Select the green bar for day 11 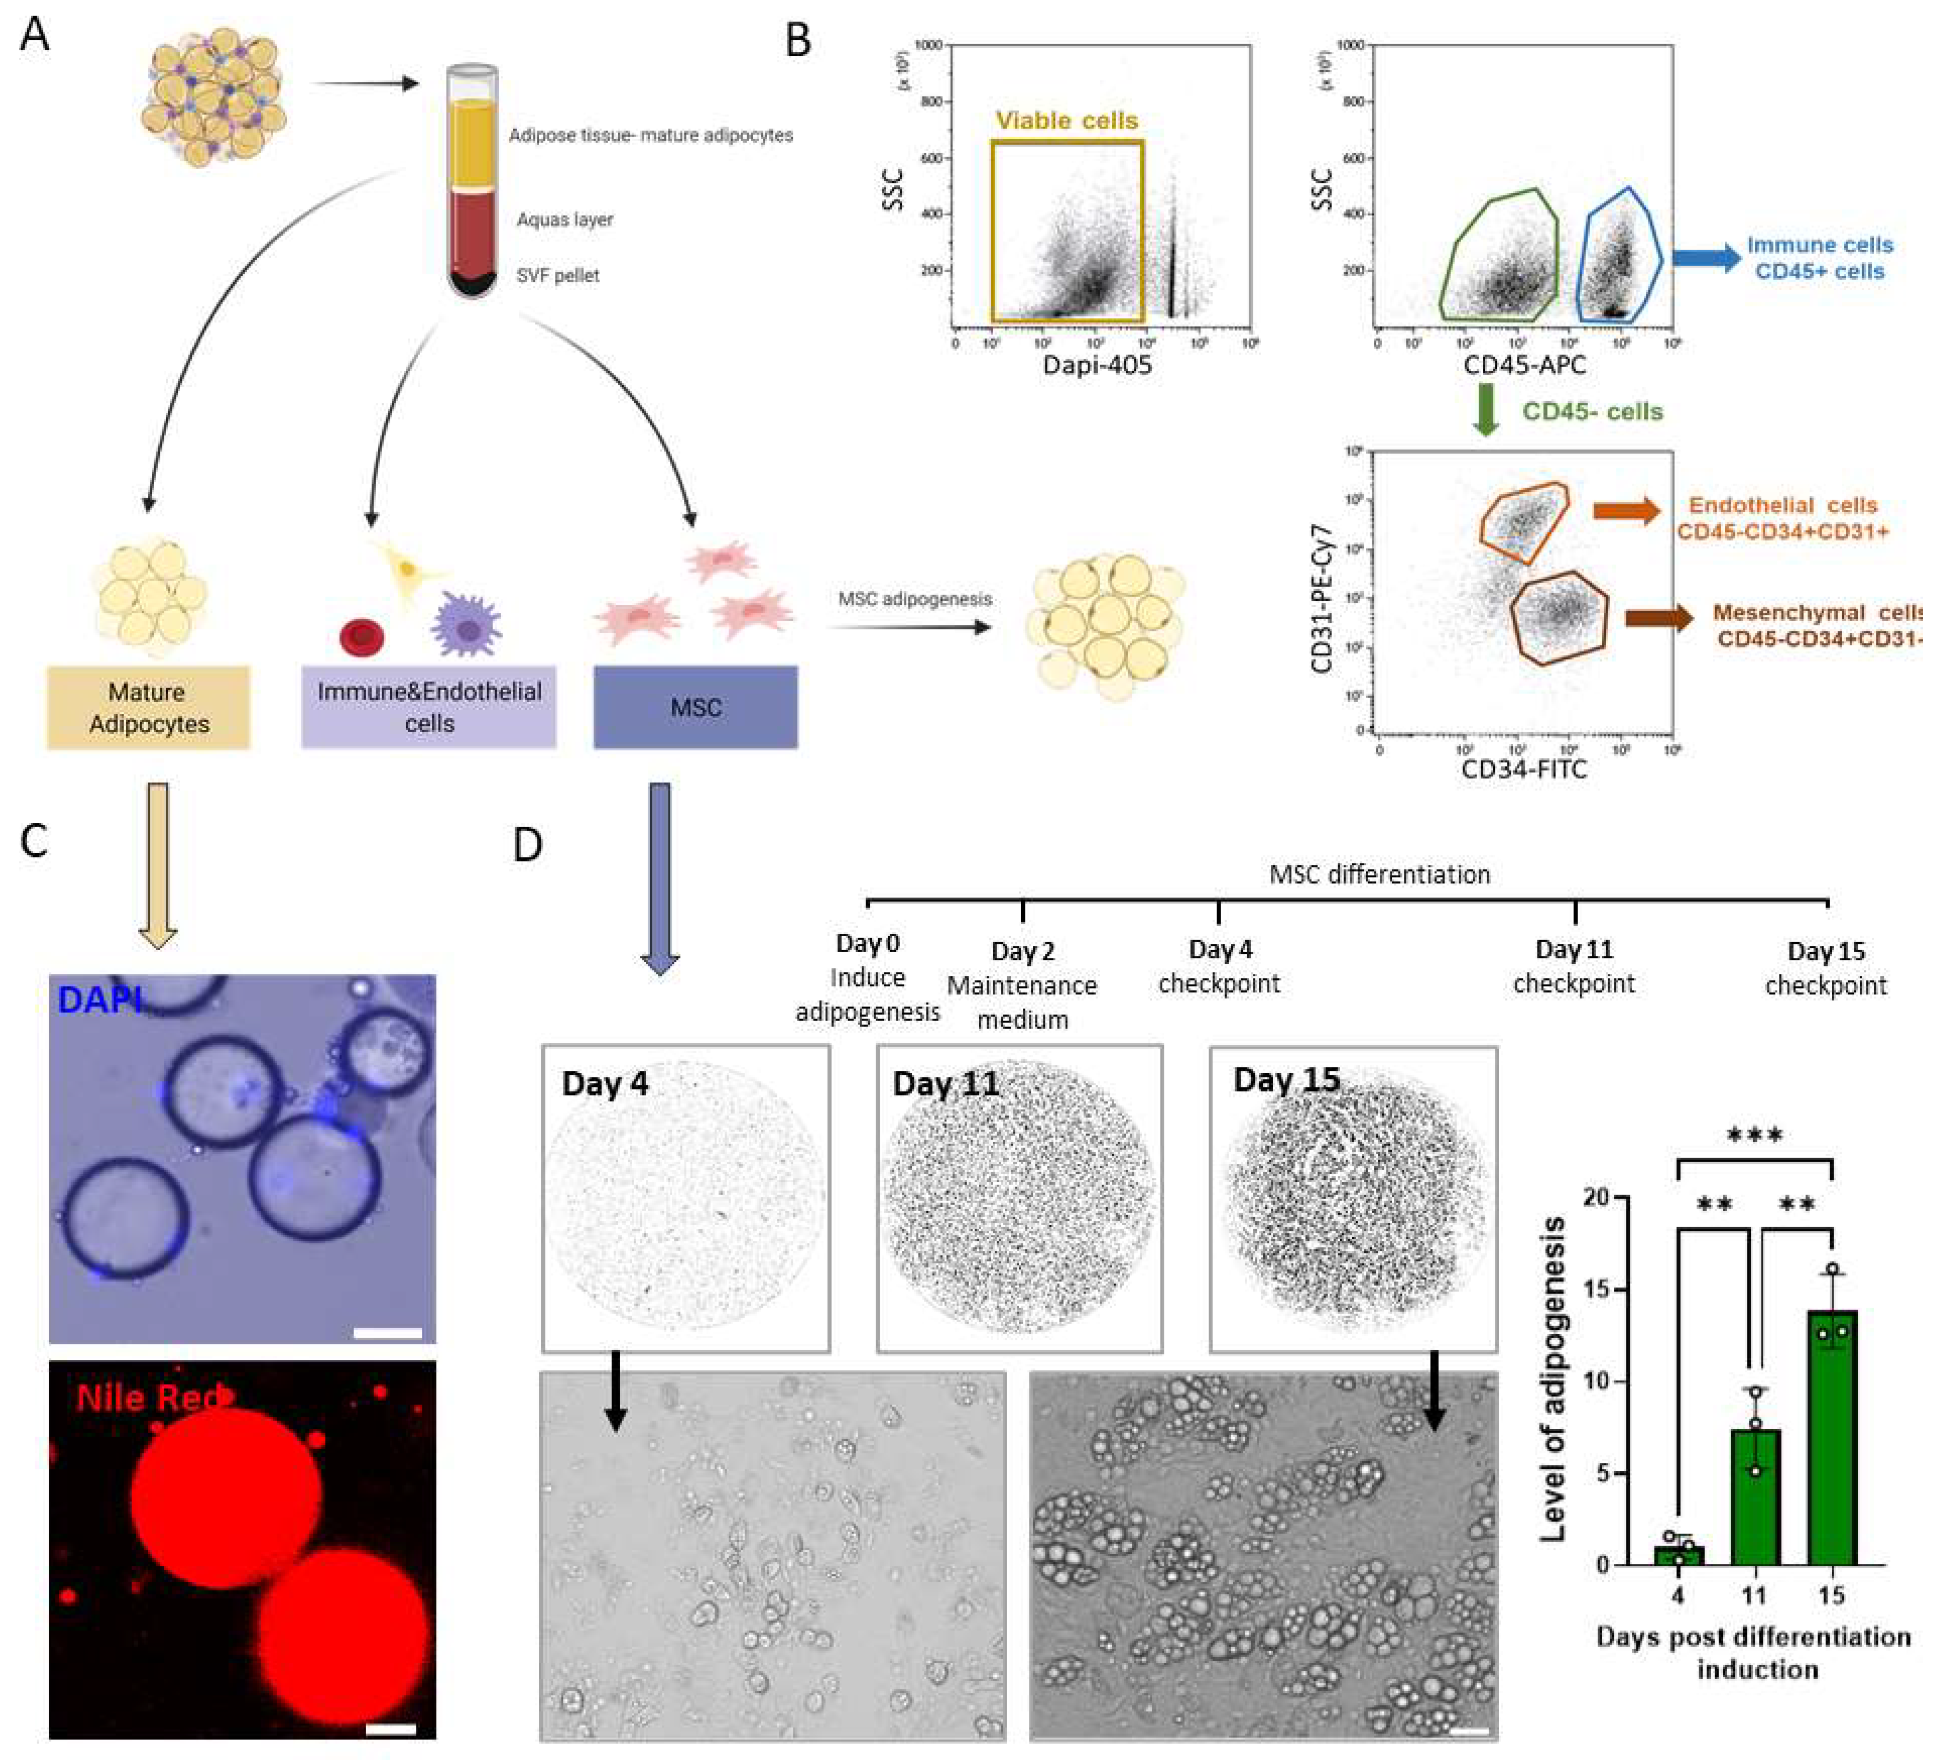coord(1755,1496)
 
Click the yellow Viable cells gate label coord(1067,120)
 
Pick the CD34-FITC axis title coord(1523,769)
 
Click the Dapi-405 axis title coord(1098,365)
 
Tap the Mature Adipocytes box coord(149,708)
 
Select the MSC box coord(695,708)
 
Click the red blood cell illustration coord(362,636)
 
